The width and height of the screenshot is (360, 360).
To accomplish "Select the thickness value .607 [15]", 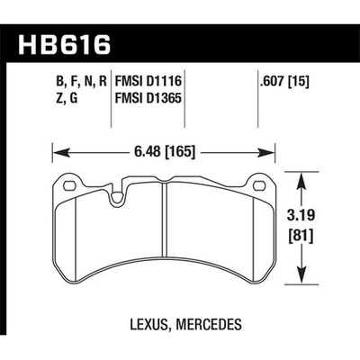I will click(278, 87).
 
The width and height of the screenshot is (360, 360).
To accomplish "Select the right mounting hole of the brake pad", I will click(257, 186).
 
